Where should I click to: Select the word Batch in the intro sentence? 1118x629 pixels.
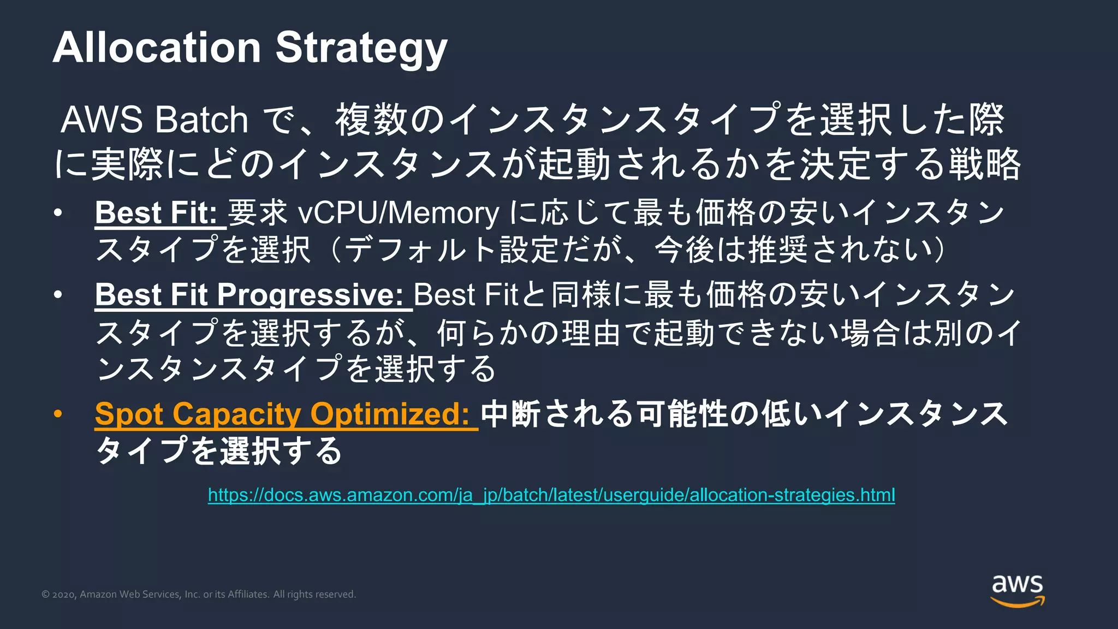[x=201, y=120]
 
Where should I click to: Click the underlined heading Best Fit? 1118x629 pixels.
[x=157, y=212]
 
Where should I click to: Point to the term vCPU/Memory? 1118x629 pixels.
[x=399, y=212]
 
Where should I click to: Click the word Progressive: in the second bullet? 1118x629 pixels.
[x=310, y=295]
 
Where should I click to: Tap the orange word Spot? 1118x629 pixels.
[x=129, y=414]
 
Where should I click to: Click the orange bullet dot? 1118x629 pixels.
[x=58, y=414]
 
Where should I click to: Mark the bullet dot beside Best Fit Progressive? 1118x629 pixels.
[x=58, y=295]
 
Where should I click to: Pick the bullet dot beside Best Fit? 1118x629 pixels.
[x=58, y=212]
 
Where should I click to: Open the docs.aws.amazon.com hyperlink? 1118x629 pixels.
[x=551, y=495]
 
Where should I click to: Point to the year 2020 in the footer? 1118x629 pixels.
[x=64, y=595]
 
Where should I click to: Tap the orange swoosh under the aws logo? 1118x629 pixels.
[x=1018, y=602]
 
